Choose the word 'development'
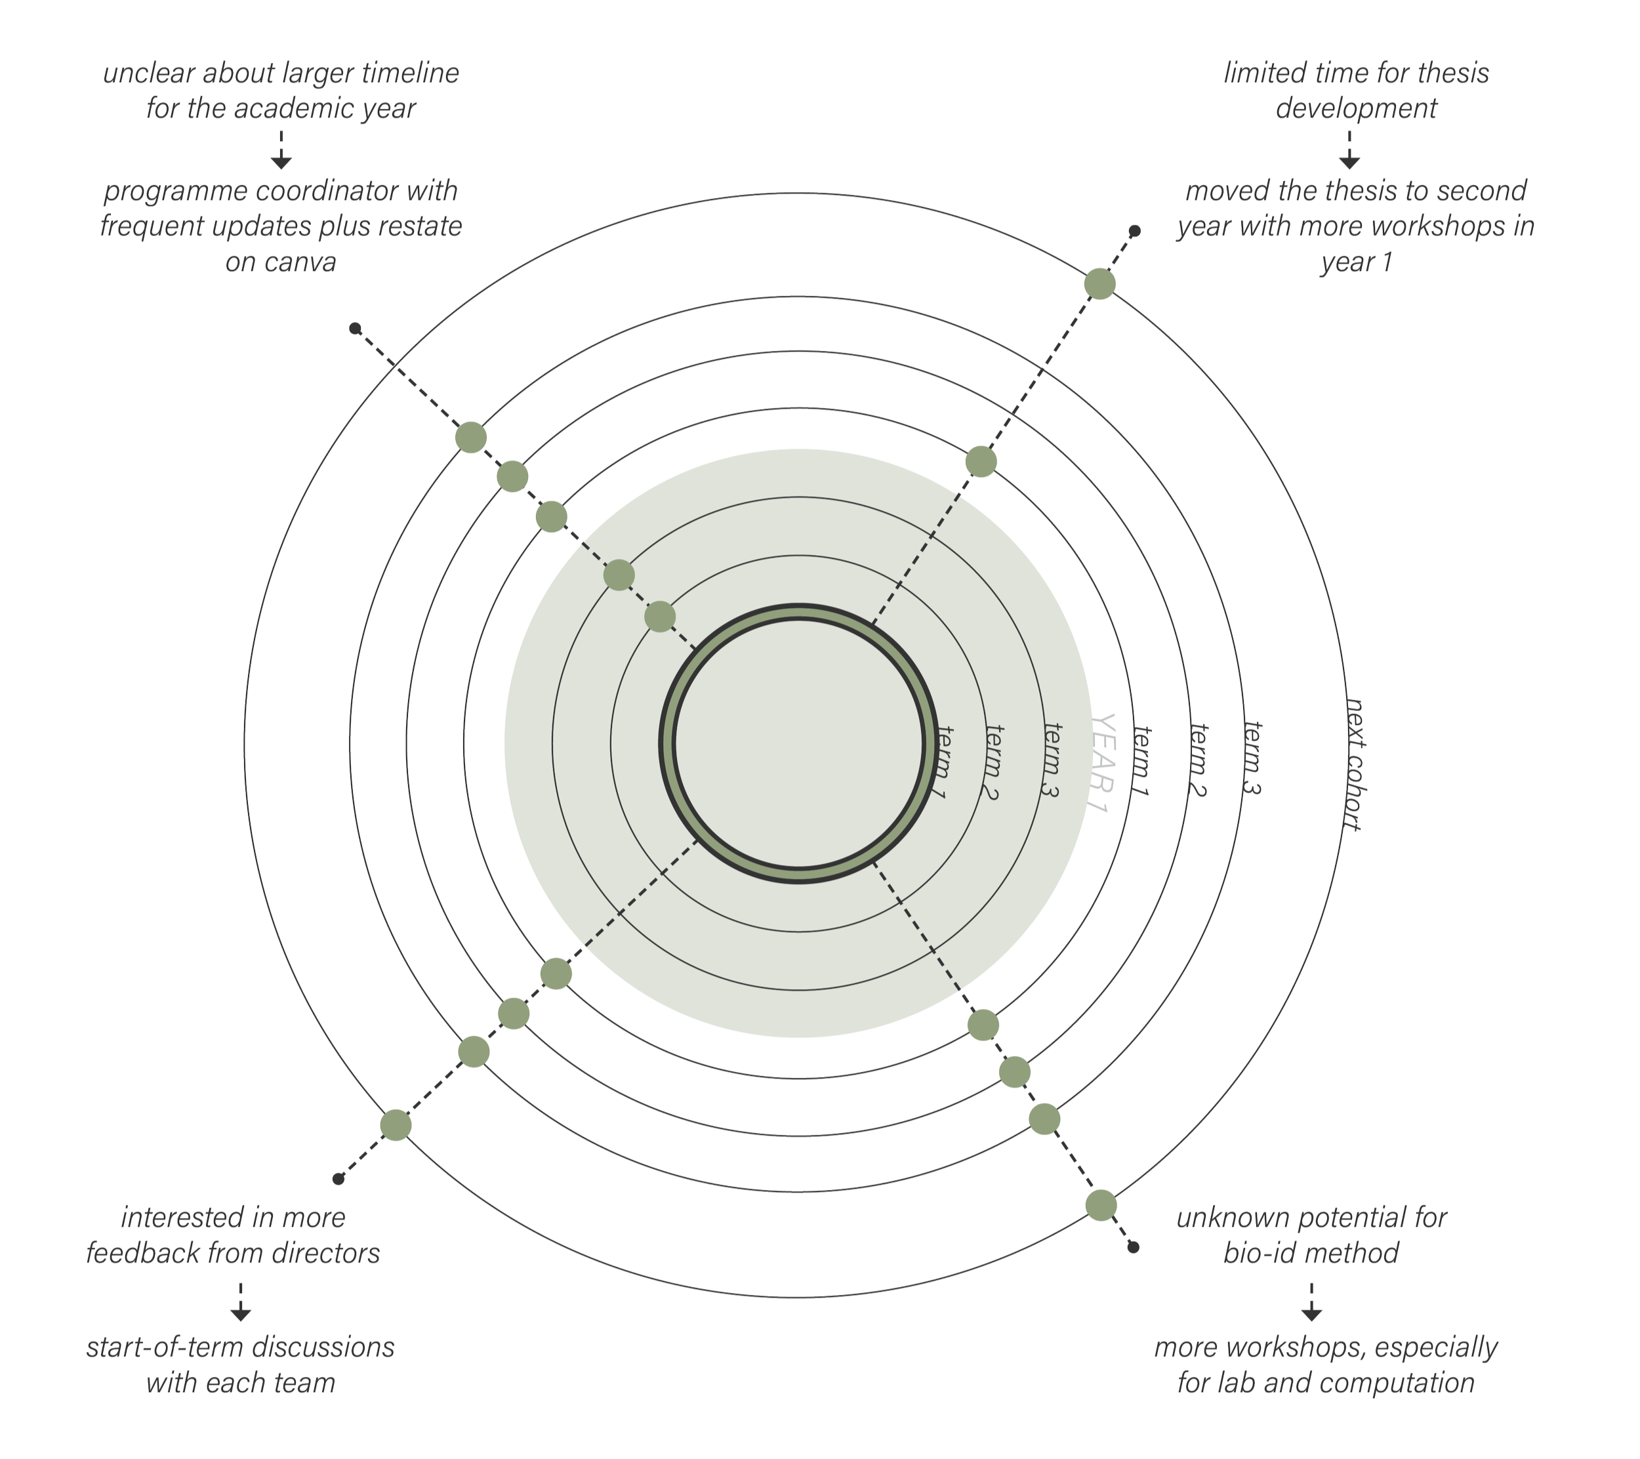tap(1355, 108)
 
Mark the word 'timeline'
tap(410, 73)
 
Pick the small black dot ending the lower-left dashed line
tap(338, 1179)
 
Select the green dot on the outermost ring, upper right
tap(1100, 284)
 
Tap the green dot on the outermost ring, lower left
tap(396, 1124)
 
